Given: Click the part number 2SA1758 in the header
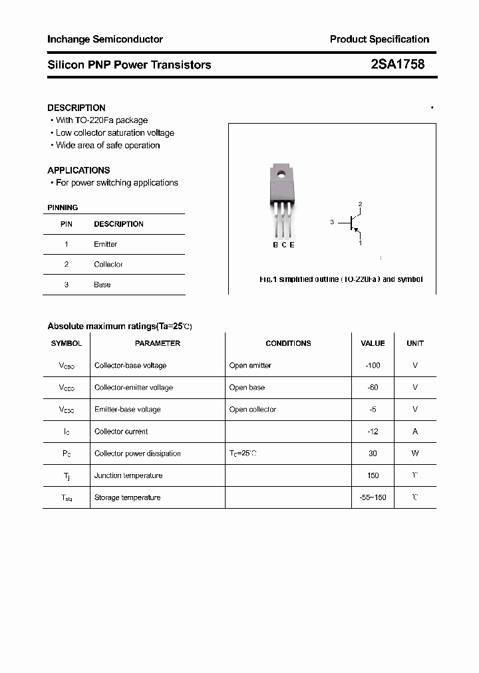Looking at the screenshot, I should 397,65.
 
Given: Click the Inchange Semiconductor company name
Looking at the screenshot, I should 104,39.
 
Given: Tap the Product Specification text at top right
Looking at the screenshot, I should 379,39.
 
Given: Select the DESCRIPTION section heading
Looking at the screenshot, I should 76,108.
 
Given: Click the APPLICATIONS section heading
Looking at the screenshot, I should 79,170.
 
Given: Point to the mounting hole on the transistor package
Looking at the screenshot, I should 281,176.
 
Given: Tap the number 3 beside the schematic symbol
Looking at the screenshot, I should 331,222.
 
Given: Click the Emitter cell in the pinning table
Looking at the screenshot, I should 105,244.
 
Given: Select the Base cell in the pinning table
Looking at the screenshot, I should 102,285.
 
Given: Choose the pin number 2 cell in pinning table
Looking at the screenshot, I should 67,264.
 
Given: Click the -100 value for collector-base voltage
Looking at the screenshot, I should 373,365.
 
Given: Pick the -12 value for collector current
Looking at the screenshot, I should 373,432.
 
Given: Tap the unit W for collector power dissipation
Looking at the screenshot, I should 415,454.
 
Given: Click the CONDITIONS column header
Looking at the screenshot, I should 288,343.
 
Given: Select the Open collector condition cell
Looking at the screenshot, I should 252,410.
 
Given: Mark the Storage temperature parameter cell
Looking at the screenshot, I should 127,497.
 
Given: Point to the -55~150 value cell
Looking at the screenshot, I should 373,497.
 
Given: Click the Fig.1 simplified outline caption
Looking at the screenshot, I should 341,279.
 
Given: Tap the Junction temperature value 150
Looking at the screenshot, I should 373,475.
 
